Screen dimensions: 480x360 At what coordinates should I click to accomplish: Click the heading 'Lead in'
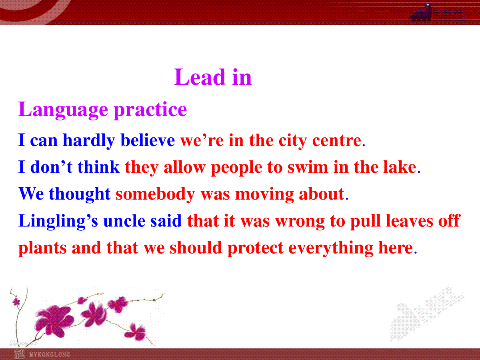click(x=213, y=77)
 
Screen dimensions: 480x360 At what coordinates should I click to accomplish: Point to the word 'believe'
click(x=148, y=140)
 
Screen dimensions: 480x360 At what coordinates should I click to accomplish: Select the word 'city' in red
click(x=292, y=141)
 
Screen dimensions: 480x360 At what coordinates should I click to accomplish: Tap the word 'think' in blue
click(x=98, y=167)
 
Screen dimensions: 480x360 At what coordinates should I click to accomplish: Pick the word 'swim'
click(x=308, y=168)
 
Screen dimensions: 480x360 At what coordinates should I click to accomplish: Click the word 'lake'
click(x=400, y=167)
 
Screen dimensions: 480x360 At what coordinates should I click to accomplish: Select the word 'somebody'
click(x=155, y=194)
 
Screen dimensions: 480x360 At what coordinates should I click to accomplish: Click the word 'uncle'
click(x=124, y=221)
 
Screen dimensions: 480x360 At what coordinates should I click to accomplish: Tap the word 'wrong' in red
click(x=300, y=222)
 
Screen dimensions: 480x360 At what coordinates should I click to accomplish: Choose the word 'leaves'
click(x=409, y=221)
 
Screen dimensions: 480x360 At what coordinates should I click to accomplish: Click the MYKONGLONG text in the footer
click(x=50, y=354)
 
